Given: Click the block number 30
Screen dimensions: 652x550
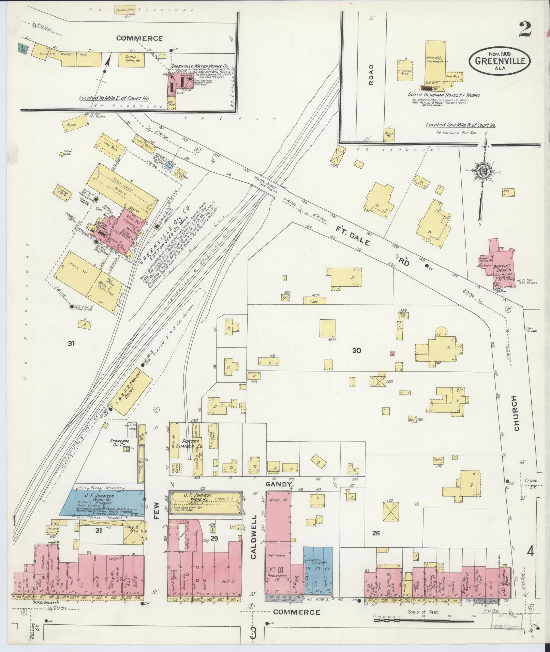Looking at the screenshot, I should [356, 350].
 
